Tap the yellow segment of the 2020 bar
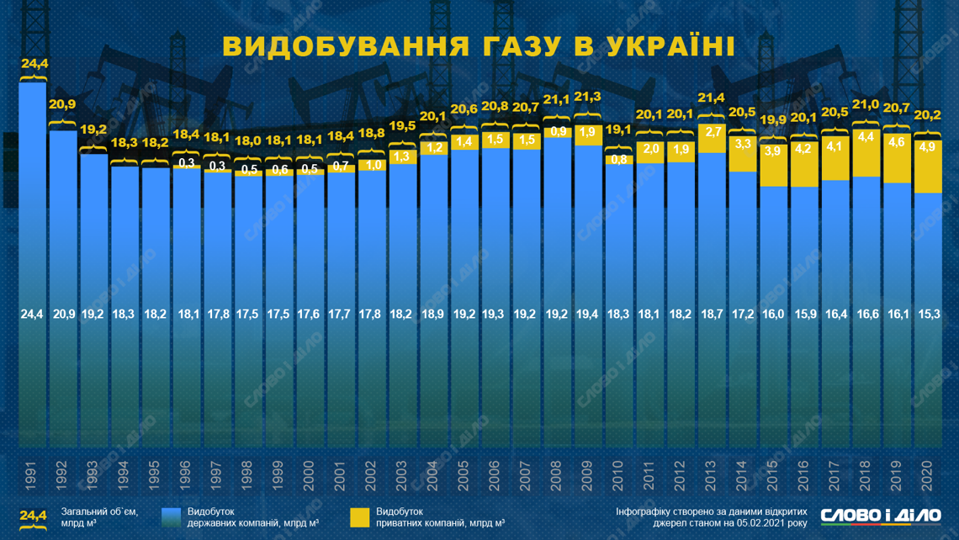pos(928,166)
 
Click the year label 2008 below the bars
pos(558,476)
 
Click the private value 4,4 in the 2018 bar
pos(866,137)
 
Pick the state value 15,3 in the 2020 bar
pos(928,314)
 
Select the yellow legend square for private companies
pos(359,517)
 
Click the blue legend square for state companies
pos(172,517)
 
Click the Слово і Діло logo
pos(880,515)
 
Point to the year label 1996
pos(187,476)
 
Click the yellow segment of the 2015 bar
pos(774,166)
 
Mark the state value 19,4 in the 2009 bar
pos(589,314)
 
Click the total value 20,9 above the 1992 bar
pos(63,104)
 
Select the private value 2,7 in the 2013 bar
pos(713,132)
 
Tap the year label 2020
pos(928,476)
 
